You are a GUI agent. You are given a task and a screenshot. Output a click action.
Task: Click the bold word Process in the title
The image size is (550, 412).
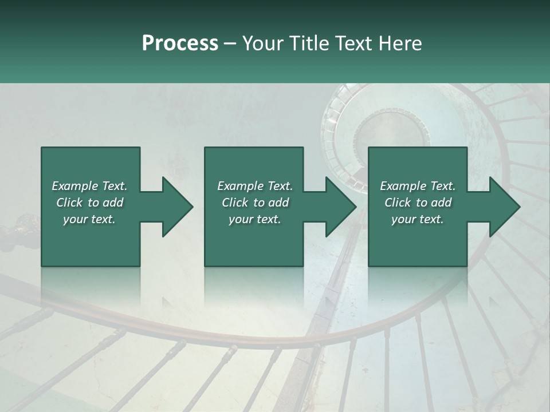tap(180, 43)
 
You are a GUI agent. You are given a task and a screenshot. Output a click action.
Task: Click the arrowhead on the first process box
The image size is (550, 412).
tap(175, 207)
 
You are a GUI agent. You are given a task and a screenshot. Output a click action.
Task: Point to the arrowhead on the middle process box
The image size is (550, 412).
tap(338, 207)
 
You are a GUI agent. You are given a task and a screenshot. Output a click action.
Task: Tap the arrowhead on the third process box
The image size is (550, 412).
tap(502, 207)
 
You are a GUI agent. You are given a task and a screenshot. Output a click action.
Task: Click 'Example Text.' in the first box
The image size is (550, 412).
tap(89, 186)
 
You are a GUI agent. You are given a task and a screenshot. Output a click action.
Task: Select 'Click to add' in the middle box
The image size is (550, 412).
tap(255, 203)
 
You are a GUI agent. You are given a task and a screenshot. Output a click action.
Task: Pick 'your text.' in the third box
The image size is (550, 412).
tap(418, 219)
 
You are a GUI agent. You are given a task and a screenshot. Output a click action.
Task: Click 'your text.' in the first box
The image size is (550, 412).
tap(89, 219)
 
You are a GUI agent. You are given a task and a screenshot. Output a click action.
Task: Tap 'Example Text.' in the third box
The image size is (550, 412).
tap(418, 186)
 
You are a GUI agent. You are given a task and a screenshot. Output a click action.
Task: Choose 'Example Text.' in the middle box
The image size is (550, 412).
tap(255, 186)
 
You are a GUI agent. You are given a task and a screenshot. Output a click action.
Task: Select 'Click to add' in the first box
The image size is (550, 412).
tap(89, 203)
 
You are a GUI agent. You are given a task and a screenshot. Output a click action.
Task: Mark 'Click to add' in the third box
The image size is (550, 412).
tap(418, 203)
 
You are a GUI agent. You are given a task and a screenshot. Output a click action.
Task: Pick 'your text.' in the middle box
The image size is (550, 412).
tap(255, 219)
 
